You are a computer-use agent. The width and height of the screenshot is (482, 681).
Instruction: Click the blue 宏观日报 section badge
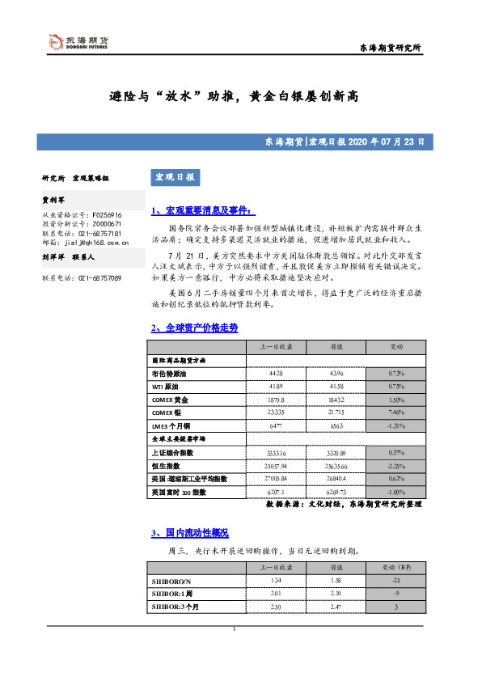pyautogui.click(x=174, y=177)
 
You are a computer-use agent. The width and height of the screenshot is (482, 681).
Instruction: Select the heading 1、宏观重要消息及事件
pyautogui.click(x=202, y=211)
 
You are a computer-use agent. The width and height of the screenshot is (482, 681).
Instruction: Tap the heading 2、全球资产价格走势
pyautogui.click(x=194, y=328)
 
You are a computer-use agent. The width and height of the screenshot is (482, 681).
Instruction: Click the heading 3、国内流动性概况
pyautogui.click(x=189, y=533)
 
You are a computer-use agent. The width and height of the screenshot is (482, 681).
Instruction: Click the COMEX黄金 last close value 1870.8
pyautogui.click(x=276, y=400)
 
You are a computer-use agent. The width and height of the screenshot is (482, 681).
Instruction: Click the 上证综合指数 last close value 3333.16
pyautogui.click(x=276, y=452)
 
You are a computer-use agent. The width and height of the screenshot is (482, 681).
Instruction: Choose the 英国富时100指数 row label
pyautogui.click(x=179, y=492)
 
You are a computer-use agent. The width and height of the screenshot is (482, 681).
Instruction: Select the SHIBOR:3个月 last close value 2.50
pyautogui.click(x=276, y=607)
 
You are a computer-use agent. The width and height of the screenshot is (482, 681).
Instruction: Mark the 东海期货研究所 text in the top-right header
pyautogui.click(x=390, y=49)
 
